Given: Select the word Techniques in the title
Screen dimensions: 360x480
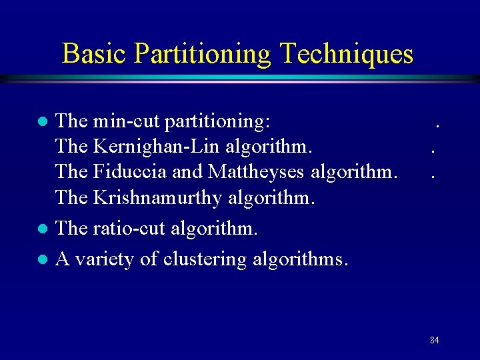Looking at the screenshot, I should (349, 53).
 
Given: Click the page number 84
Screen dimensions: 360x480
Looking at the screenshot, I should (434, 341).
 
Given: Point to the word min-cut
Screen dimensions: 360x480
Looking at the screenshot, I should (126, 121).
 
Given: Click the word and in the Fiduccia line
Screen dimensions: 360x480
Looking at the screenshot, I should (188, 171).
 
